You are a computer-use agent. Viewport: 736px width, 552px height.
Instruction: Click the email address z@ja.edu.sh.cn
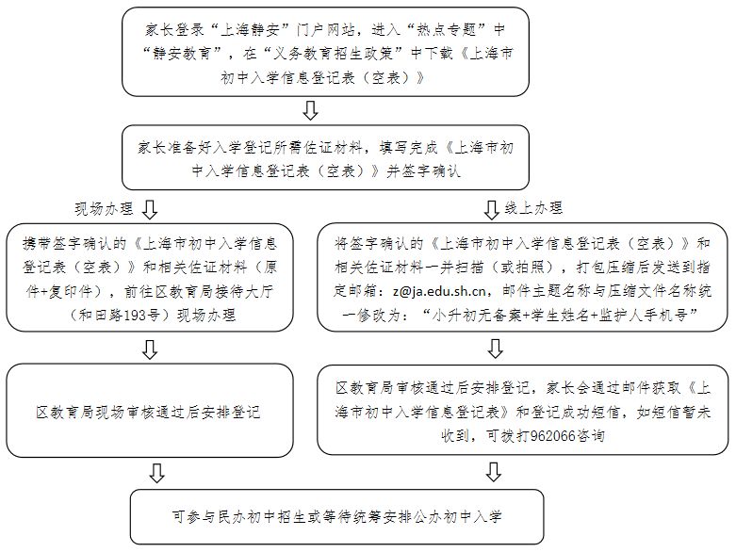point(439,291)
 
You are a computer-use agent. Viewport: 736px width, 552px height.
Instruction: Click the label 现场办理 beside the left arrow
point(105,209)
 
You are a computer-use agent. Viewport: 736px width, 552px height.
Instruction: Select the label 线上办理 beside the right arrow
point(533,208)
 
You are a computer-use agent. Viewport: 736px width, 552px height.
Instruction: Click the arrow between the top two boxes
point(310,110)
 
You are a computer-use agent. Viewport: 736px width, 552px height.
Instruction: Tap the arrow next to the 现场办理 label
point(150,209)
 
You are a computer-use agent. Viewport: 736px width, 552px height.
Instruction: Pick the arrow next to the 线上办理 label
point(491,210)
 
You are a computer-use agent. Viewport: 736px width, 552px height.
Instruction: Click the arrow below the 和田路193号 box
point(150,349)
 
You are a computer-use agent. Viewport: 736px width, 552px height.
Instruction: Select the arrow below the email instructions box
point(496,349)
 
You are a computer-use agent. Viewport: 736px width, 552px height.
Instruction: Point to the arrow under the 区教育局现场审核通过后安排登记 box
point(156,473)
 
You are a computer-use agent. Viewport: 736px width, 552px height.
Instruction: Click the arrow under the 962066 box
point(493,472)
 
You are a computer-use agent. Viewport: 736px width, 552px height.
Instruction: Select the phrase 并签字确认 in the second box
point(424,171)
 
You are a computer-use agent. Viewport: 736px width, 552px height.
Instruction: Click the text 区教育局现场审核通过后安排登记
point(148,413)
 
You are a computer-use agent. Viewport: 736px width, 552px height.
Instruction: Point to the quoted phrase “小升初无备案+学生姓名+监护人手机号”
point(559,316)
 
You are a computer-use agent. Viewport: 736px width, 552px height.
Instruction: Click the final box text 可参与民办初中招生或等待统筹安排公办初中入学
point(337,517)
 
